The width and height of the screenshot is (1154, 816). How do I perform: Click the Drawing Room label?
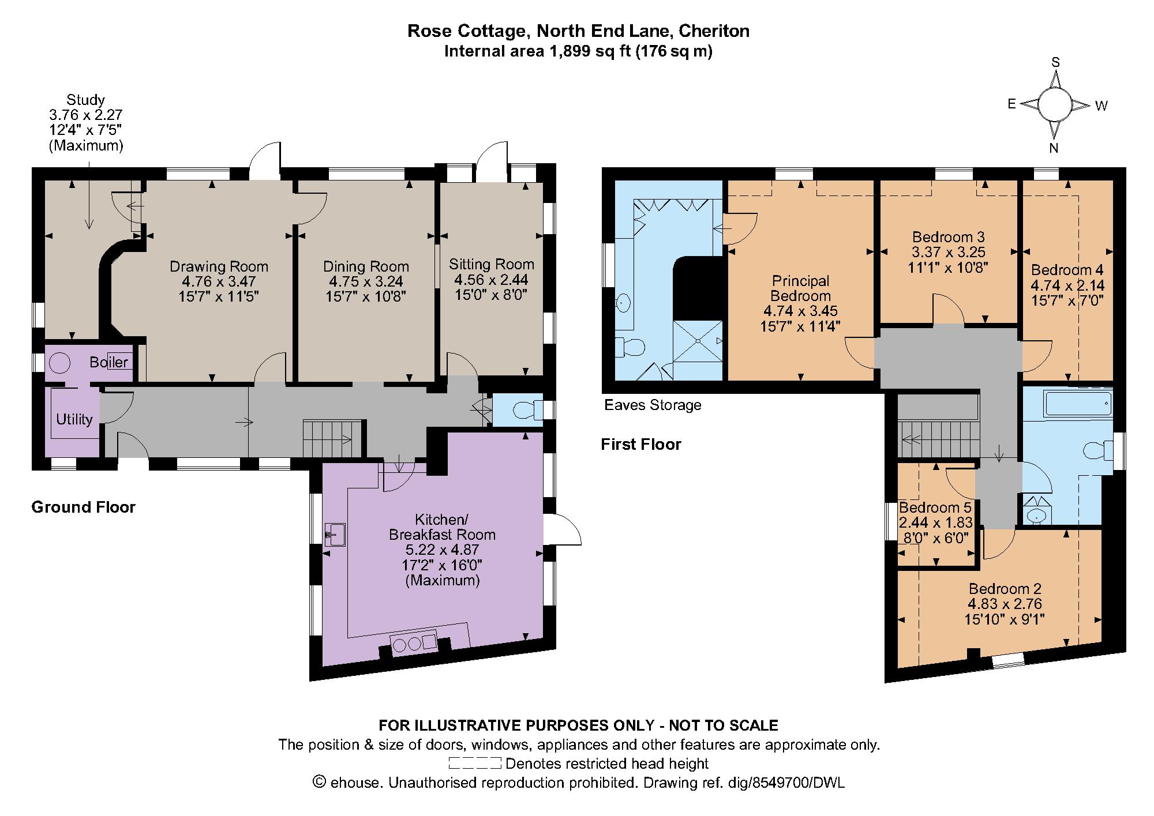tap(219, 266)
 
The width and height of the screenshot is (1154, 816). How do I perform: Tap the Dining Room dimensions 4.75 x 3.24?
tap(366, 281)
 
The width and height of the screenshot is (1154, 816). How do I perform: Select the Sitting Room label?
tap(492, 264)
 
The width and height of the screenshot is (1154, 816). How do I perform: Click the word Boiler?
tap(108, 362)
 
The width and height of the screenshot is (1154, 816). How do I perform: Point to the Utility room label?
tap(74, 419)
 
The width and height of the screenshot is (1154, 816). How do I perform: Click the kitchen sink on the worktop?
tap(335, 534)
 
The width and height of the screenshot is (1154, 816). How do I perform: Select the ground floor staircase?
tap(332, 438)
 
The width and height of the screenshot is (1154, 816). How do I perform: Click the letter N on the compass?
tap(1054, 148)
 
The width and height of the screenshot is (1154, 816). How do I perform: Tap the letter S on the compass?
tap(1055, 63)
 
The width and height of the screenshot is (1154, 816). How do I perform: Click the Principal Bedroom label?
tap(800, 288)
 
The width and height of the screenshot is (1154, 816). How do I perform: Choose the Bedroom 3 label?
tap(948, 237)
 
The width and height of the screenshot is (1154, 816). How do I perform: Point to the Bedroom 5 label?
tap(935, 507)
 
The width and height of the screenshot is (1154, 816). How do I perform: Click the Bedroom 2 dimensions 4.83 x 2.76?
tap(1005, 604)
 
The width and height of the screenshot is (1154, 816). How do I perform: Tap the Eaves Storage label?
tap(653, 405)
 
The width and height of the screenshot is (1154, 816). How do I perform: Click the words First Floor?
tap(640, 444)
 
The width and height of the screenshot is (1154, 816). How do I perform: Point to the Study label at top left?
tap(85, 99)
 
